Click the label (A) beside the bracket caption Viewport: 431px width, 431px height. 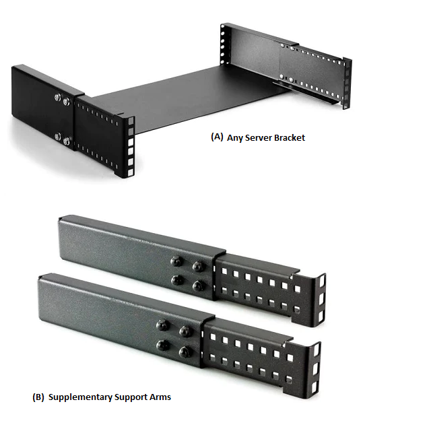(217, 137)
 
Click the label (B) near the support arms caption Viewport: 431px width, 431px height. (38, 397)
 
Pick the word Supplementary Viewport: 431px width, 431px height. (80, 397)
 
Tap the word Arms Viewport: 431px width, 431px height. (160, 397)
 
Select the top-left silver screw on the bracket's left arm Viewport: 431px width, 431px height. (58, 97)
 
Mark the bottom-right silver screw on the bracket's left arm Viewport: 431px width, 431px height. (67, 141)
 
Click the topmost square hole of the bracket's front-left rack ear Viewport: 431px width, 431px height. (131, 121)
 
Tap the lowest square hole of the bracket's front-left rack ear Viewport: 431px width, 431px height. (131, 172)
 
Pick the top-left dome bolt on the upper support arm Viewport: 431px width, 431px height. (176, 261)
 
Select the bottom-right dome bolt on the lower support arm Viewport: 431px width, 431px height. (185, 352)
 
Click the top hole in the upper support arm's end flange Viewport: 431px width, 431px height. (322, 279)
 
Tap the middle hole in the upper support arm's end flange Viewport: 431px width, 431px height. (322, 298)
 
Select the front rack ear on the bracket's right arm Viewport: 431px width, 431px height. (347, 82)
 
